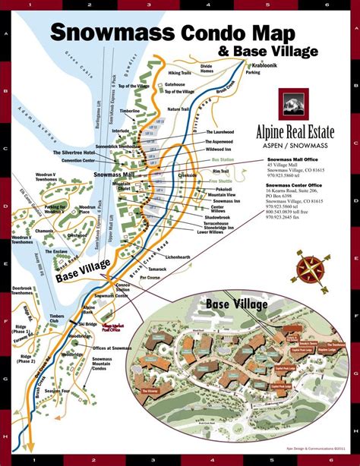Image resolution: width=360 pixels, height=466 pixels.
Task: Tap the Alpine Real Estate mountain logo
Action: (x=293, y=105)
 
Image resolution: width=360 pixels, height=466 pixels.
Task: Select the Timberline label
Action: (x=130, y=111)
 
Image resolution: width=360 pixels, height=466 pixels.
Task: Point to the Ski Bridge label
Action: (x=87, y=323)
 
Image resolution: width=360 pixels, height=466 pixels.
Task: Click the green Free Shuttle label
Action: (x=220, y=181)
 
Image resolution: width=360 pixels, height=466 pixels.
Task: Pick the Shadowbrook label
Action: (x=216, y=218)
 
